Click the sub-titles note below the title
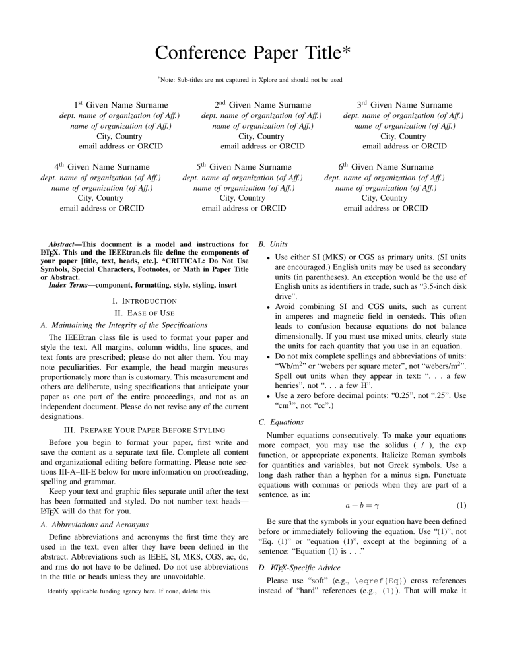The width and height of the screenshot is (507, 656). pyautogui.click(x=253, y=81)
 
